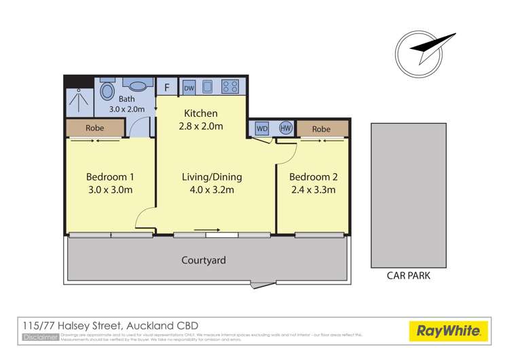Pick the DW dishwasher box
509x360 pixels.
(x=189, y=87)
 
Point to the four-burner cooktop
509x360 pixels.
(x=230, y=87)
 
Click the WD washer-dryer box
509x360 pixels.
(x=262, y=128)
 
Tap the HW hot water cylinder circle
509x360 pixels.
(x=285, y=128)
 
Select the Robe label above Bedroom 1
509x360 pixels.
(x=94, y=128)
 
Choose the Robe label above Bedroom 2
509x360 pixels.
(x=321, y=128)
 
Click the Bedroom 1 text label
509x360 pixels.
(x=109, y=177)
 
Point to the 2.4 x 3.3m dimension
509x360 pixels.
(x=312, y=190)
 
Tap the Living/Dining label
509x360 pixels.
(x=212, y=177)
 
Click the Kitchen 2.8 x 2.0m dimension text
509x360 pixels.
(x=202, y=126)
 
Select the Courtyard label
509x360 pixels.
(x=204, y=260)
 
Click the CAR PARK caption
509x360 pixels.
(x=408, y=276)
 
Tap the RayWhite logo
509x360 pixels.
(x=449, y=332)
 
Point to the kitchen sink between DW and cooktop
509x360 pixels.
(x=209, y=87)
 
